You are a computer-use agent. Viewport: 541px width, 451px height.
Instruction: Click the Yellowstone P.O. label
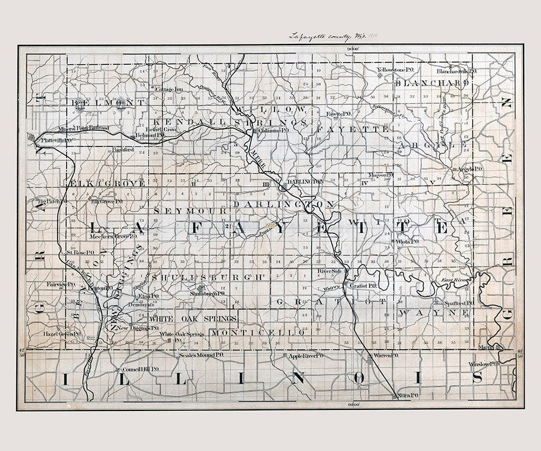395,70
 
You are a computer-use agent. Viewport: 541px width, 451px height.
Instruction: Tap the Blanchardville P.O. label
457,72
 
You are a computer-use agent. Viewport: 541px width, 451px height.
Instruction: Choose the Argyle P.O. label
469,169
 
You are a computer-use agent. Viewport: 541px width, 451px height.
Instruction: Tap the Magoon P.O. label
380,175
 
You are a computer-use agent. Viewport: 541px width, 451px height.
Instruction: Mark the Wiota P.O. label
406,241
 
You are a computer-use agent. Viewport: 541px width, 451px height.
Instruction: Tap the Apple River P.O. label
305,356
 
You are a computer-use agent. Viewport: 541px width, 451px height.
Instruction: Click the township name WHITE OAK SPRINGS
193,319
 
